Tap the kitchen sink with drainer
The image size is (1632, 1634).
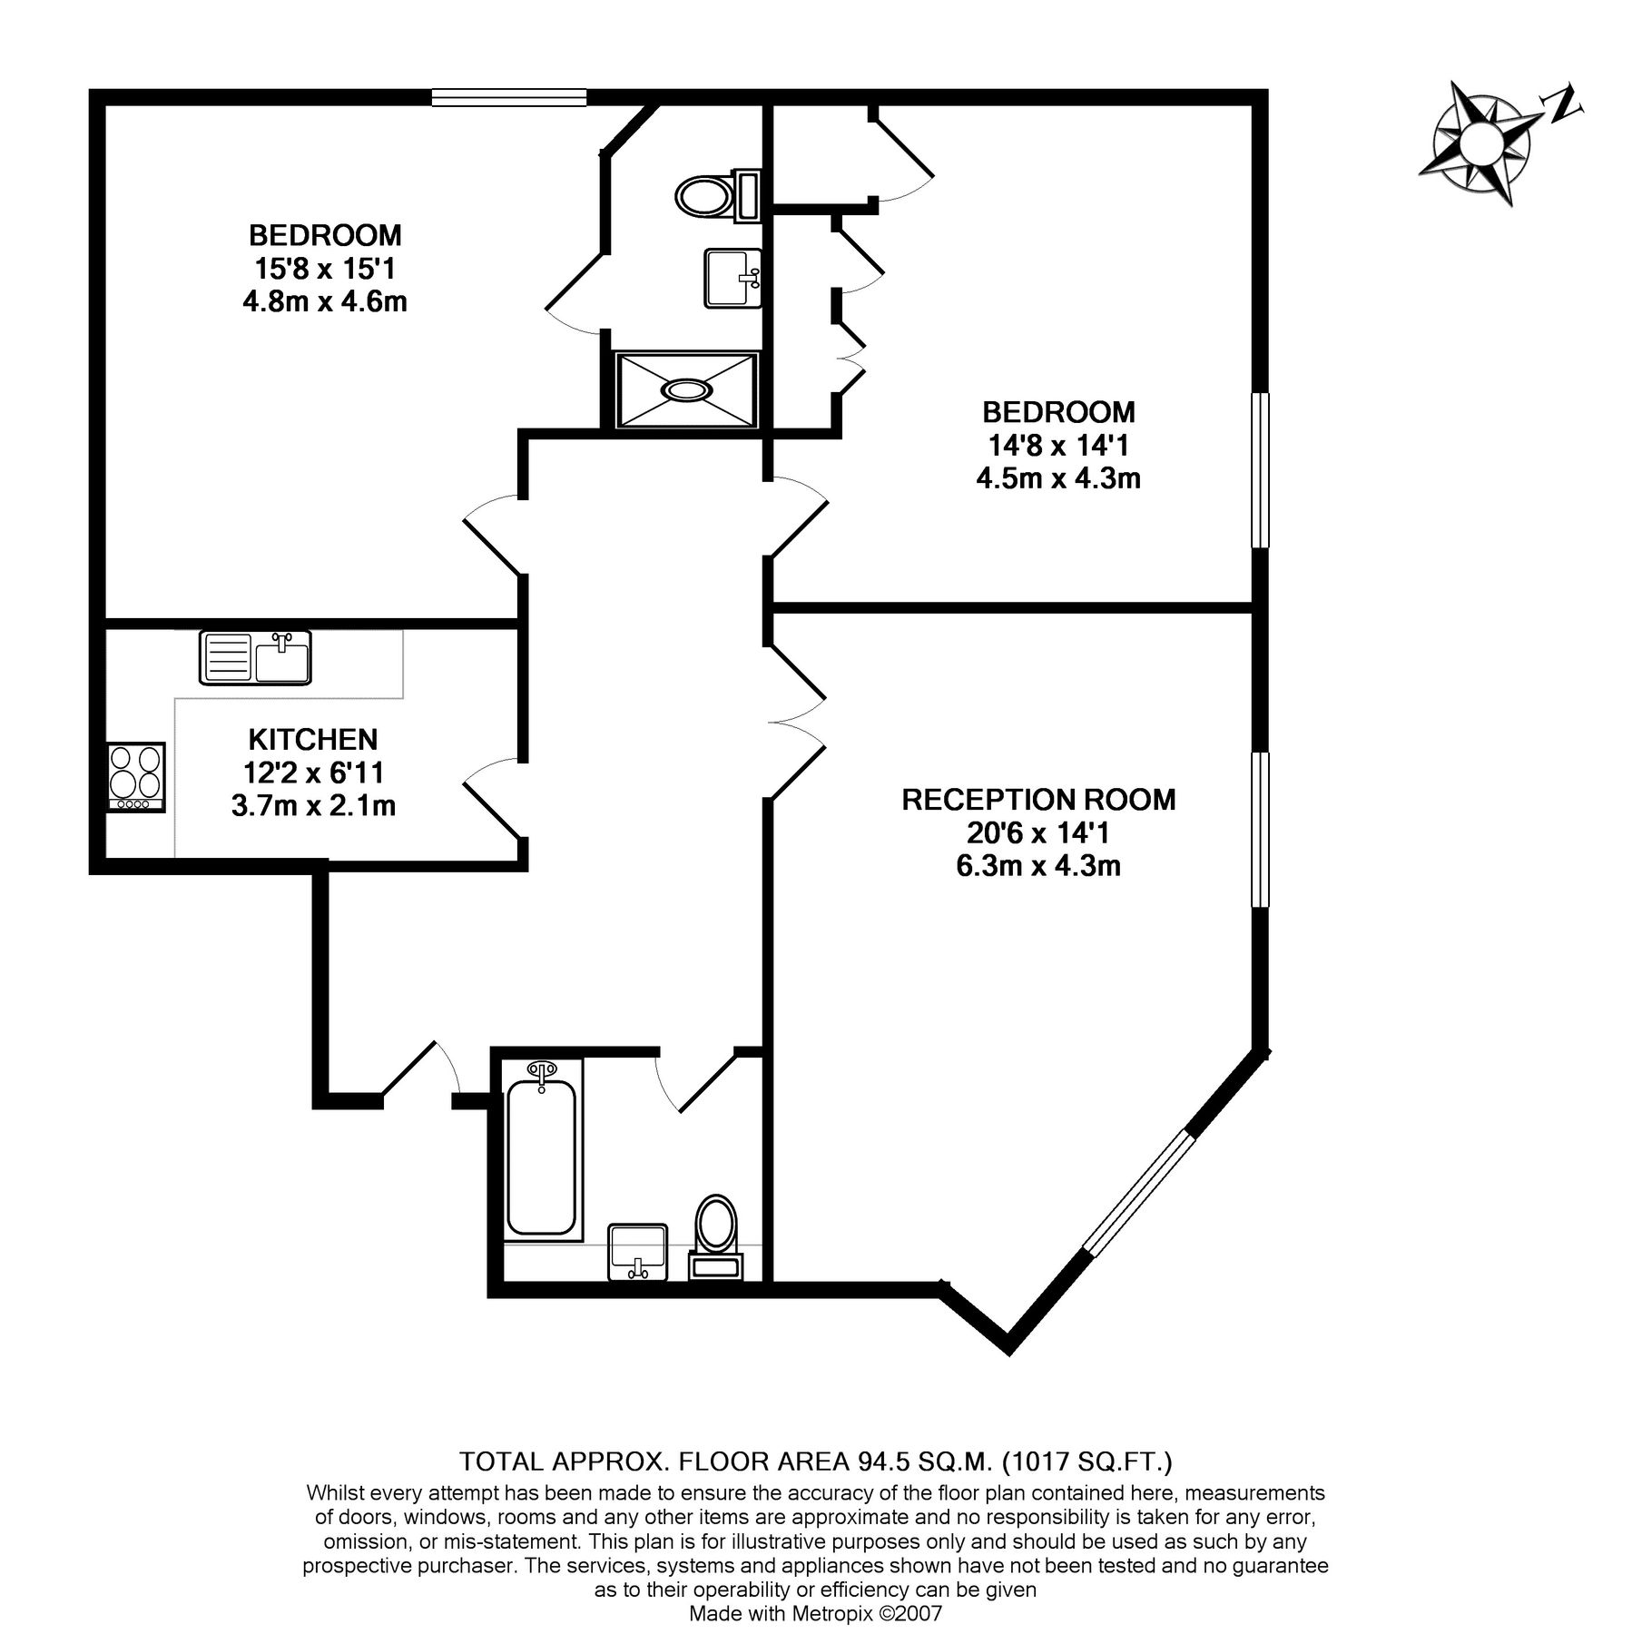tap(255, 657)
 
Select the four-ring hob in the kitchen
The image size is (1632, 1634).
tap(136, 777)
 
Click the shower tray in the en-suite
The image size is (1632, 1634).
tap(686, 389)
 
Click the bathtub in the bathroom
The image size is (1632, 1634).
tap(541, 1150)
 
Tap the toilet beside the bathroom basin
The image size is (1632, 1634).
tap(716, 1235)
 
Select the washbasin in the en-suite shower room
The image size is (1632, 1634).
tap(732, 279)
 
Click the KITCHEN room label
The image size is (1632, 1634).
tap(313, 739)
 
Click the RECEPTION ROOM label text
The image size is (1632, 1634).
tap(1038, 800)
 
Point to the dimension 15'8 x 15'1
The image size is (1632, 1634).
tap(324, 269)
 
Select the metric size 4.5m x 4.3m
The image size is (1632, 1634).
tap(1058, 477)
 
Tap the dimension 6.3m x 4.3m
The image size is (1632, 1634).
tap(1038, 866)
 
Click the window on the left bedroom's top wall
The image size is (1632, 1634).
tap(508, 96)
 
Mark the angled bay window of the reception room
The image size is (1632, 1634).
tap(1139, 1194)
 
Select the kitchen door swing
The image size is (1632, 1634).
tap(493, 795)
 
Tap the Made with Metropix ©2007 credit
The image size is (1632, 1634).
tap(815, 1613)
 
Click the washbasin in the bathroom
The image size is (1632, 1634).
tap(638, 1251)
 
